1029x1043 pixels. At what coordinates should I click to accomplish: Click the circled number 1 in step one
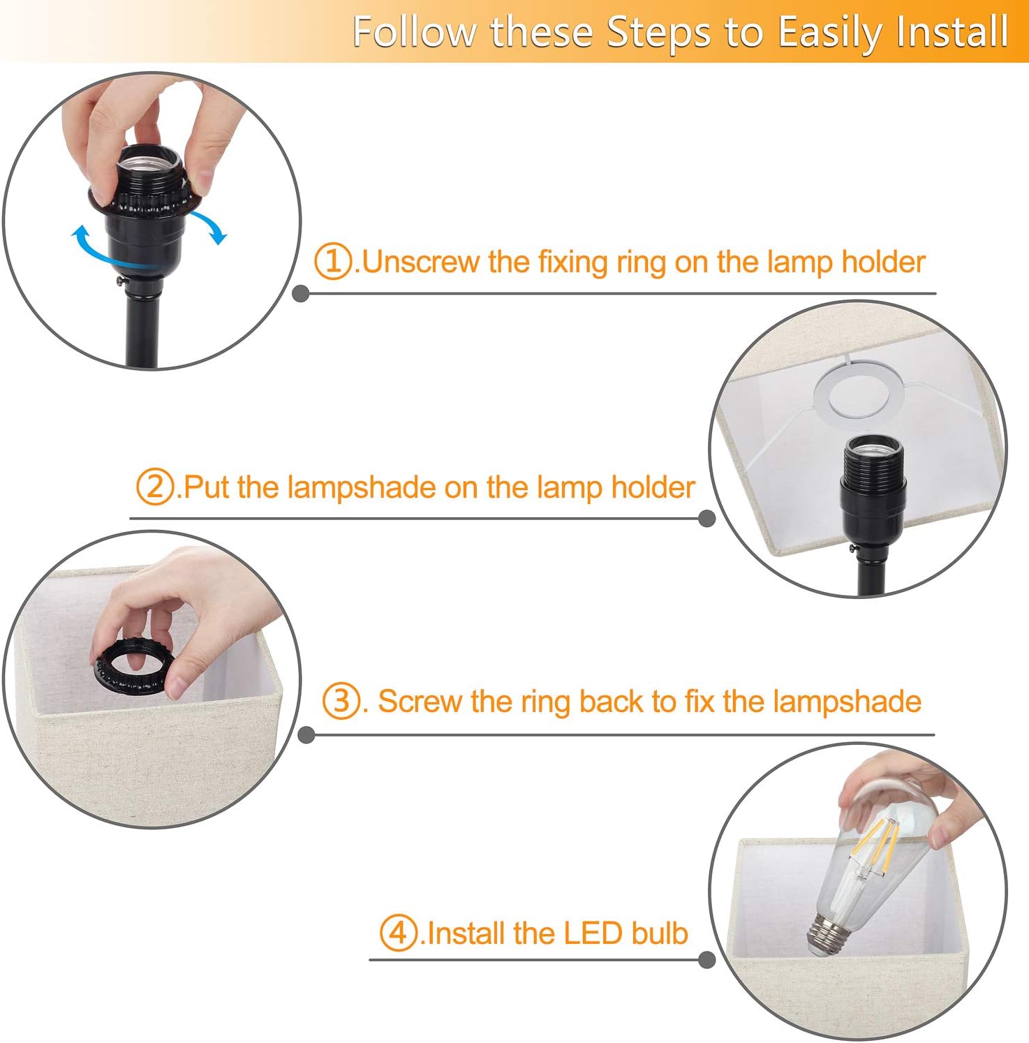coord(333,262)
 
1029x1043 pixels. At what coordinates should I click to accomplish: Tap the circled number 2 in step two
coord(154,487)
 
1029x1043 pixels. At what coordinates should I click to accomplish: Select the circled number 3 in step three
coord(341,701)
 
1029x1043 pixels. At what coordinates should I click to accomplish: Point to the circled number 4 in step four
coord(398,933)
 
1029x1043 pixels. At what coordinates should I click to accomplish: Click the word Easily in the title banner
coord(830,32)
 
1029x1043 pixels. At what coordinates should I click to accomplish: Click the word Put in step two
coord(207,487)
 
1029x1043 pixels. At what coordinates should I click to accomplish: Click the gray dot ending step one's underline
coord(301,294)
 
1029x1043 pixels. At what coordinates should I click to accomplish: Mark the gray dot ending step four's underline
coord(706,960)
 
